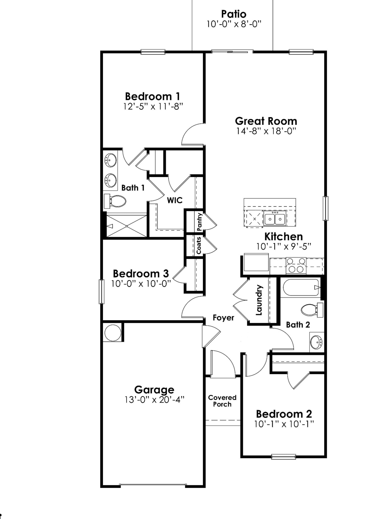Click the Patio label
tap(234, 14)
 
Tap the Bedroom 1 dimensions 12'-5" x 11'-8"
tap(153, 107)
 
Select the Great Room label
tap(266, 121)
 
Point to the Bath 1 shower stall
tap(126, 226)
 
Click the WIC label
tap(175, 200)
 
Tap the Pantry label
tap(199, 222)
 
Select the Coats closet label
tap(199, 246)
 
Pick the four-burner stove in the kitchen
tap(296, 265)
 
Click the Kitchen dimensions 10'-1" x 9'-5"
tap(284, 247)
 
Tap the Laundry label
tap(259, 300)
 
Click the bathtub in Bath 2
tap(301, 287)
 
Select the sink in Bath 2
tap(317, 342)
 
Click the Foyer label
tap(223, 318)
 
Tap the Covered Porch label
tap(222, 401)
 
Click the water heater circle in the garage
tap(113, 332)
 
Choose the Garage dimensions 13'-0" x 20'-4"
tap(154, 400)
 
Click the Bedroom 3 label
tap(141, 274)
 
